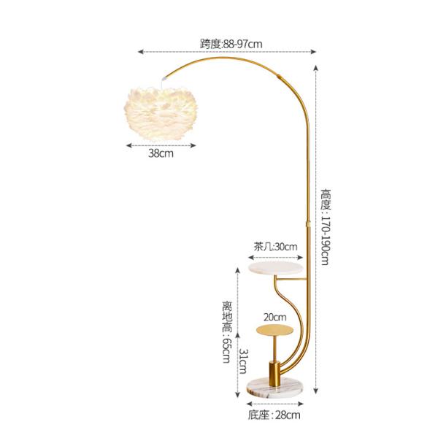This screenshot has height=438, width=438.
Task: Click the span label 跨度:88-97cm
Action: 231,43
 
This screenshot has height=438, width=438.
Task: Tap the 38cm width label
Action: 161,154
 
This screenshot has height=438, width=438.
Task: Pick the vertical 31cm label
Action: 245,361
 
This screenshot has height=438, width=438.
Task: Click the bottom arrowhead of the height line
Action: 315,393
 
